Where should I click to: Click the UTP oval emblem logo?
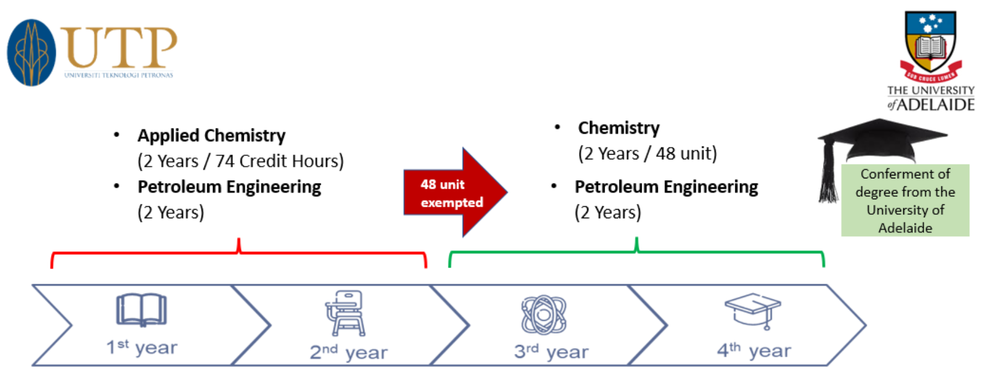(x=31, y=53)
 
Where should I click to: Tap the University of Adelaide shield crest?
(x=930, y=44)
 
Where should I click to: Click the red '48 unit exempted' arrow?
(x=454, y=193)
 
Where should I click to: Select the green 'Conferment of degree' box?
(x=904, y=200)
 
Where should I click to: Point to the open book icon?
(x=141, y=310)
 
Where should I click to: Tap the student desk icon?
(x=346, y=313)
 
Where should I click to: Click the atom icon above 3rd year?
(x=543, y=314)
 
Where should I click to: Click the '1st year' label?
(x=142, y=347)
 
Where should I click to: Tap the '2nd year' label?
(x=349, y=351)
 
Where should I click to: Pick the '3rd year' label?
(x=551, y=351)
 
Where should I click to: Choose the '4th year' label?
(x=754, y=350)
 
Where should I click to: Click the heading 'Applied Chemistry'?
(x=211, y=135)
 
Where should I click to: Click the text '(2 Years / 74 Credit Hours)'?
(x=240, y=161)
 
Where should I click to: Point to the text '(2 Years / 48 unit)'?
(x=647, y=153)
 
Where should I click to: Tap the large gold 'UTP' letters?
(x=119, y=48)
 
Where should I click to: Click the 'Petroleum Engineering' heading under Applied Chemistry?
(x=229, y=187)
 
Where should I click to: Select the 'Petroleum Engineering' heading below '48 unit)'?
(x=666, y=187)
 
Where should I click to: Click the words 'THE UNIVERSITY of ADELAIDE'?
(x=931, y=98)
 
